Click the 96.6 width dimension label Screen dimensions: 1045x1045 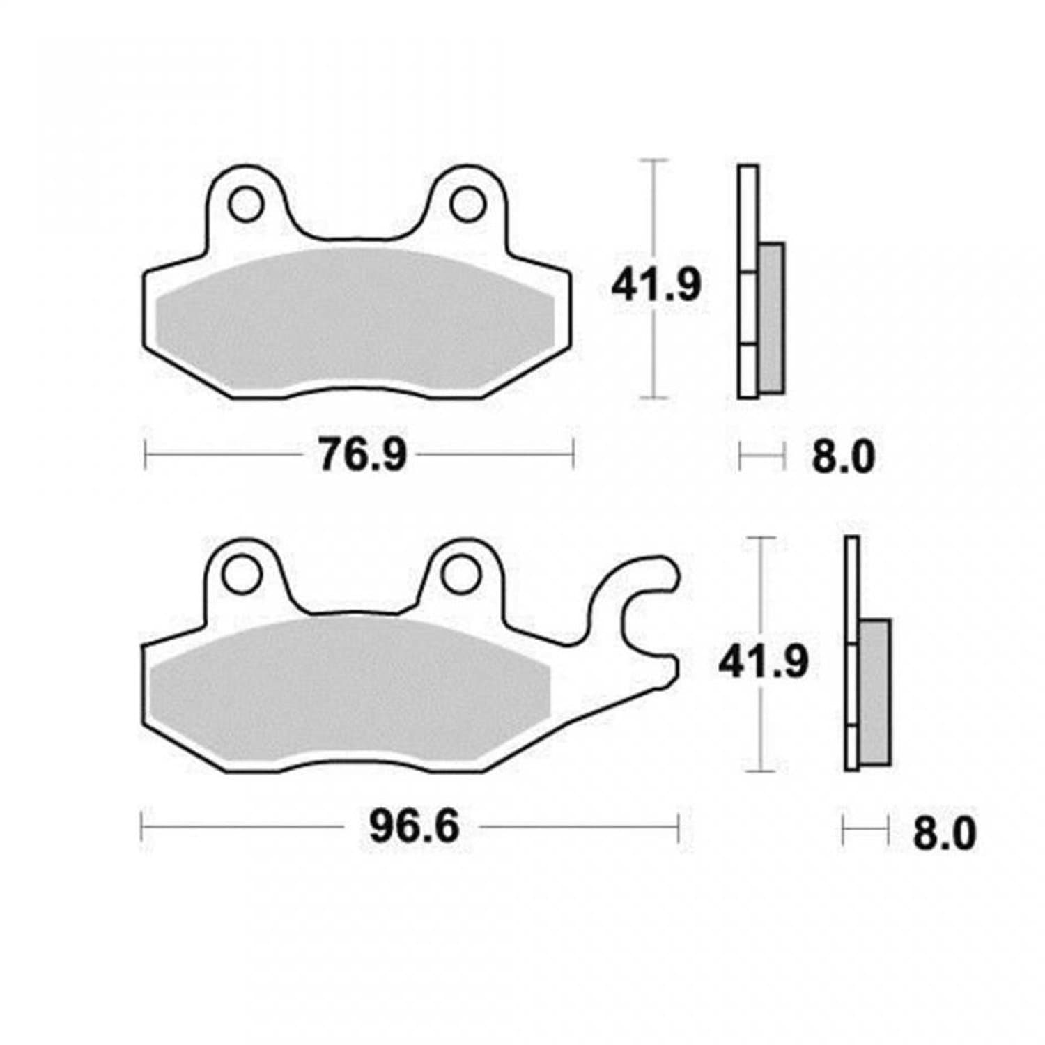click(415, 828)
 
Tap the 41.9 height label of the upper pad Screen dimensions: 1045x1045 click(656, 285)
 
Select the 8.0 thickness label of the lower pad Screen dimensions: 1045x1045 click(945, 833)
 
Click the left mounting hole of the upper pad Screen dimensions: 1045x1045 click(246, 204)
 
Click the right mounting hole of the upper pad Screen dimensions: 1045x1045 click(467, 204)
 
